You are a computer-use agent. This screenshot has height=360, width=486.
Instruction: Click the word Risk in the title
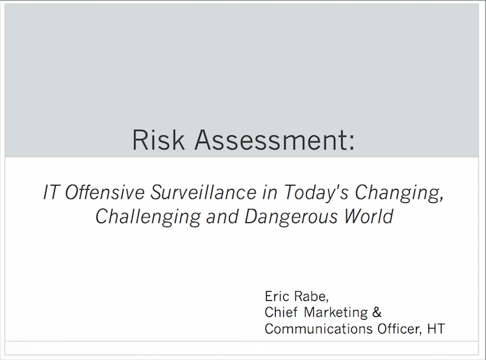158,140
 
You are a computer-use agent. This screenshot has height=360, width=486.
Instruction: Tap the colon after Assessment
351,143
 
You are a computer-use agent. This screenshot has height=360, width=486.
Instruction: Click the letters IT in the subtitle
51,192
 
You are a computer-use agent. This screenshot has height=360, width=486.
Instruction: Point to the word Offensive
104,192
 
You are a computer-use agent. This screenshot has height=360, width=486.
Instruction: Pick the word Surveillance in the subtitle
203,192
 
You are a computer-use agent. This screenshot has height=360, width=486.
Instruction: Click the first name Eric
277,296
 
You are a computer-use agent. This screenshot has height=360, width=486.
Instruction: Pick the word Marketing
335,313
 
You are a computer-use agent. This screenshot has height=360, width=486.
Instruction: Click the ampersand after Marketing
377,312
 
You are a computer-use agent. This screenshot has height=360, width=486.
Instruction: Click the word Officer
399,329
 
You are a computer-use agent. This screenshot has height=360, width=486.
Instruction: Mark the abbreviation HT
436,329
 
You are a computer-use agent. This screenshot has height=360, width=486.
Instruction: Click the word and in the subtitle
222,217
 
